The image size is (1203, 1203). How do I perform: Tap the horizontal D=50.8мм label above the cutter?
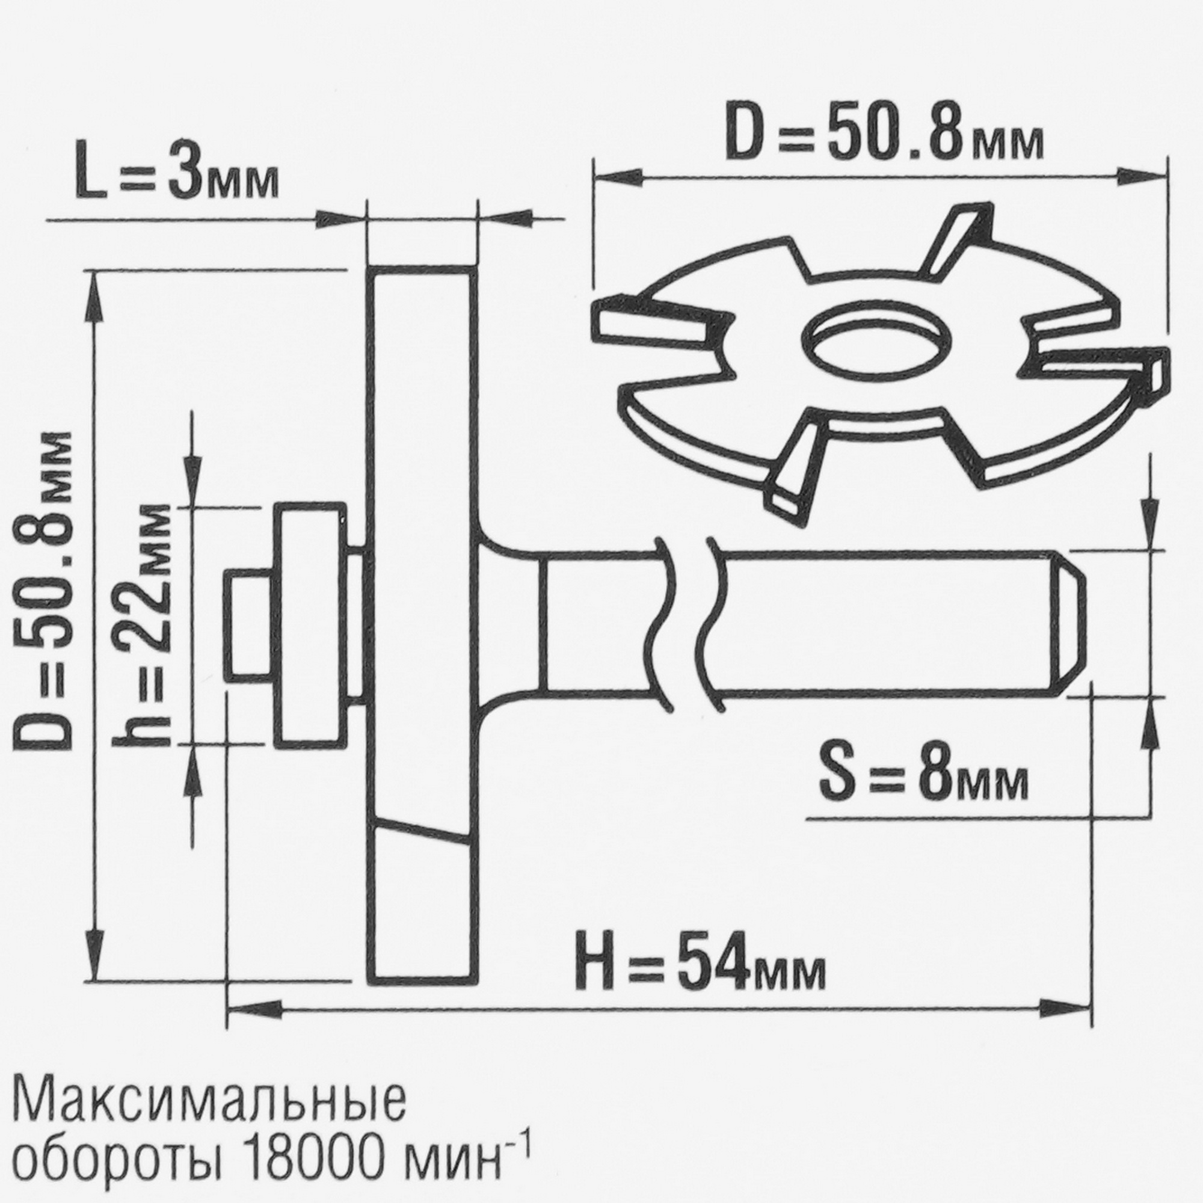pyautogui.click(x=884, y=132)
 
